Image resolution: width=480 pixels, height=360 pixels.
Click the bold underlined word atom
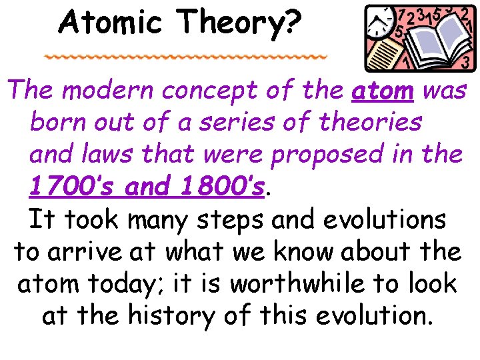(x=382, y=91)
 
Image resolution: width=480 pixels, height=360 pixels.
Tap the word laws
(x=114, y=154)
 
